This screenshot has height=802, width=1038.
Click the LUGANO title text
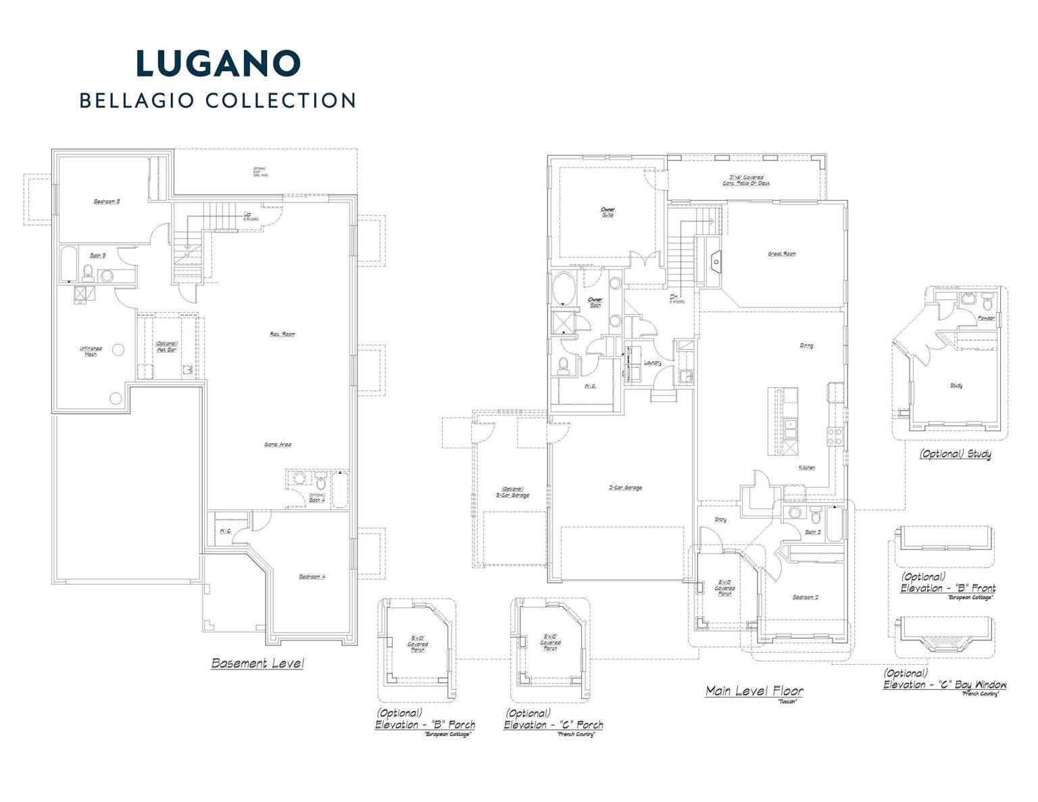[218, 63]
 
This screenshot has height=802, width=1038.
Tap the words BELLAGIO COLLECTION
[218, 101]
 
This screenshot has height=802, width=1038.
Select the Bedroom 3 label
[107, 201]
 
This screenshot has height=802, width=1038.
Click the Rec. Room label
[282, 334]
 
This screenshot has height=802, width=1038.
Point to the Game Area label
[277, 445]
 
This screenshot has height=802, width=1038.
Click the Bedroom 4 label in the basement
[312, 576]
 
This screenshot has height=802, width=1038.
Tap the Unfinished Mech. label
[91, 351]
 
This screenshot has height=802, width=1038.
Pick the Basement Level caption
[257, 663]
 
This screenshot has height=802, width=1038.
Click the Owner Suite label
[608, 212]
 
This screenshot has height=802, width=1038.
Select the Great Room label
[781, 254]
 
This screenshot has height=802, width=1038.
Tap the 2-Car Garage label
[625, 488]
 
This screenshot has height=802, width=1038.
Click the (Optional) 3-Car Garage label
[513, 493]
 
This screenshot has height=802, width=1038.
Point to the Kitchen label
[807, 468]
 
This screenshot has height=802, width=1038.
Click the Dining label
[806, 345]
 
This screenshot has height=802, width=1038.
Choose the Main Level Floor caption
[754, 691]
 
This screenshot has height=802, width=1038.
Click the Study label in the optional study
[956, 386]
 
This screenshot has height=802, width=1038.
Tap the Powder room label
[986, 318]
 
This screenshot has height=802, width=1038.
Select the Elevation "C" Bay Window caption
[945, 685]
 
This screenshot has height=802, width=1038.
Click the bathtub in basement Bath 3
[68, 266]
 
